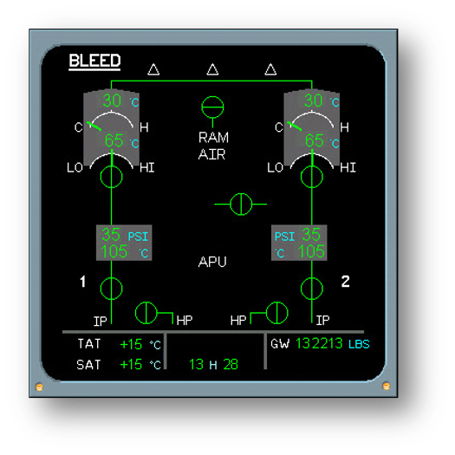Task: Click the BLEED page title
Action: click(94, 61)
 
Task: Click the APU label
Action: click(212, 262)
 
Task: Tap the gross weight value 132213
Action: click(319, 343)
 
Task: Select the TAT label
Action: click(89, 344)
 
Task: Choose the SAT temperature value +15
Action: click(131, 365)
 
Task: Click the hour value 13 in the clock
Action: click(197, 365)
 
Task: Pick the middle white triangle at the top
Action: click(212, 69)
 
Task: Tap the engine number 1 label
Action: click(83, 282)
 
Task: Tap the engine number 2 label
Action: click(345, 282)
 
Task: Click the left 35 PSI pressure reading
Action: click(111, 235)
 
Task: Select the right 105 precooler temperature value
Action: click(311, 251)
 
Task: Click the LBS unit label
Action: click(359, 344)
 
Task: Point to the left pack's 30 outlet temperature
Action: click(112, 101)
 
